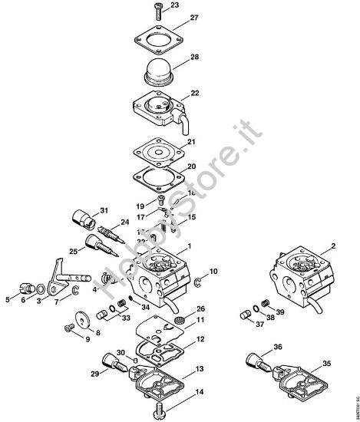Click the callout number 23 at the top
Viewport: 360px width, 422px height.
[x=174, y=5]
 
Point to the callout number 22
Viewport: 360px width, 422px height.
[x=173, y=93]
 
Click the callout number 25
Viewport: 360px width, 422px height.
[x=72, y=250]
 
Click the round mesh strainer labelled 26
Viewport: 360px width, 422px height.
[x=180, y=317]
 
